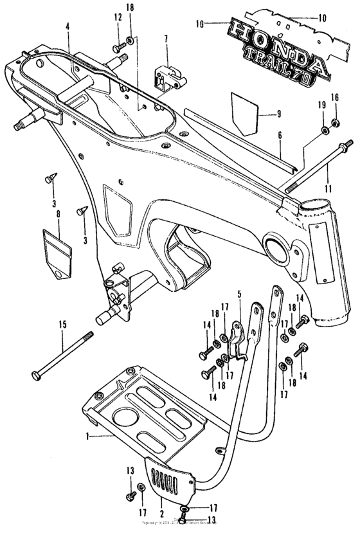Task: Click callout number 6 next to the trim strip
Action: (280, 136)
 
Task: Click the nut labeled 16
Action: (334, 122)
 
